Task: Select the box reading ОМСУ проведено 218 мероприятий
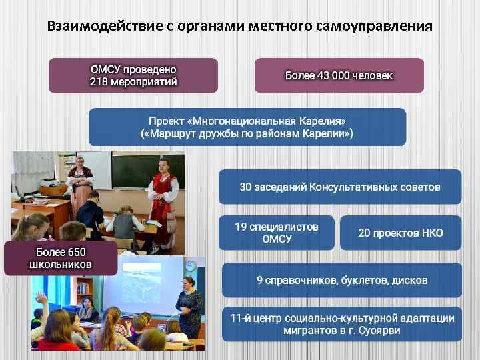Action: coord(133,75)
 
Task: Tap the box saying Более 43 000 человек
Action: coord(339,75)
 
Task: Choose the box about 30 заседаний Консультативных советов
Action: coord(340,187)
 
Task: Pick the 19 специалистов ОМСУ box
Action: coord(277,233)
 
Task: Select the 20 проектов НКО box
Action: coord(400,233)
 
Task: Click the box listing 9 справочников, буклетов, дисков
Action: coord(341,280)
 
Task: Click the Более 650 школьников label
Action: coord(61,258)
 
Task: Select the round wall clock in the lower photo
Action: coord(191,267)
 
